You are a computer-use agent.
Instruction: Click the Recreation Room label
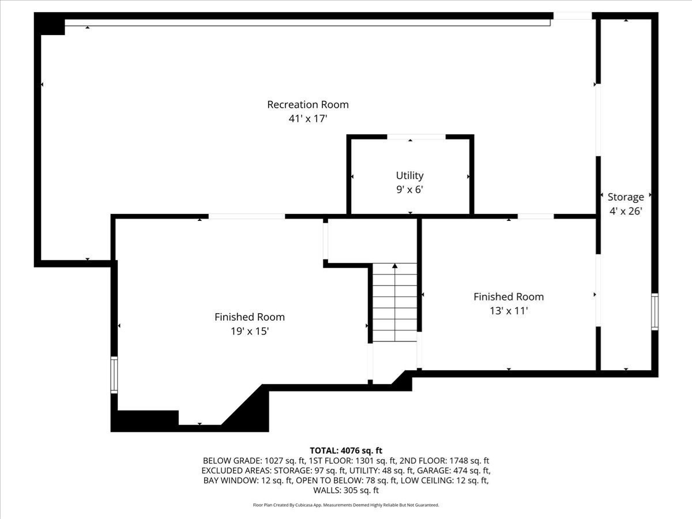(x=307, y=104)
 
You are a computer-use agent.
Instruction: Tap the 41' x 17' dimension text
(x=307, y=119)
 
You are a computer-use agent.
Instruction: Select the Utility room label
(x=409, y=175)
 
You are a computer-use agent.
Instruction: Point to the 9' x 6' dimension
(x=409, y=189)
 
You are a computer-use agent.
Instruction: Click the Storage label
(x=625, y=197)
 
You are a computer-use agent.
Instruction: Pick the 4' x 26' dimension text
(x=625, y=211)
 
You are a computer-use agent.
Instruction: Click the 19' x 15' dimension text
(x=249, y=331)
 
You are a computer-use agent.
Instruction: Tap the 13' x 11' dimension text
(x=508, y=311)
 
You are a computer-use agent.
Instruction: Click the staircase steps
(x=394, y=303)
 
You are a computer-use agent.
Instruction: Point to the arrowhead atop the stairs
(x=394, y=266)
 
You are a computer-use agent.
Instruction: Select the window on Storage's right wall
(x=655, y=311)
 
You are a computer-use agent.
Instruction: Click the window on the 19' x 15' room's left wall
(x=114, y=375)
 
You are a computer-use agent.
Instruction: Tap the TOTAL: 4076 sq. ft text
(x=346, y=450)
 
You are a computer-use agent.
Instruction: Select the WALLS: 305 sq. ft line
(x=346, y=491)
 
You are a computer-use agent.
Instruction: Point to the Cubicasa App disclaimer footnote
(x=346, y=505)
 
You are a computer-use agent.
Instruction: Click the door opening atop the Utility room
(x=416, y=137)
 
